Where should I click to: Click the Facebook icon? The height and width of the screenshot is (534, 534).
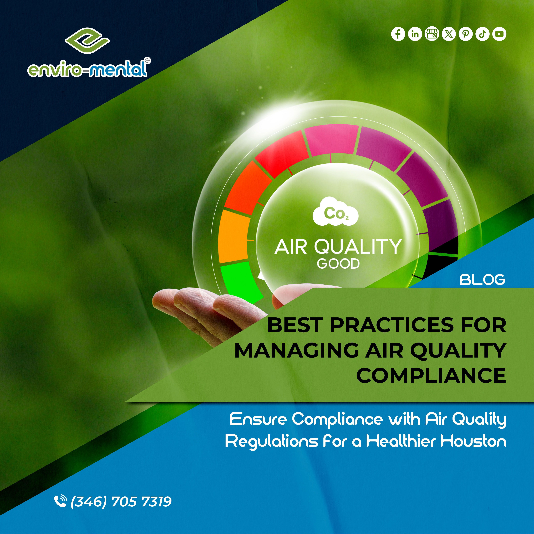tap(398, 34)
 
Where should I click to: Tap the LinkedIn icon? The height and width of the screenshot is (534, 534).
tap(415, 34)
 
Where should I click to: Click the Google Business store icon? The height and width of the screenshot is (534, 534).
tap(432, 34)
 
